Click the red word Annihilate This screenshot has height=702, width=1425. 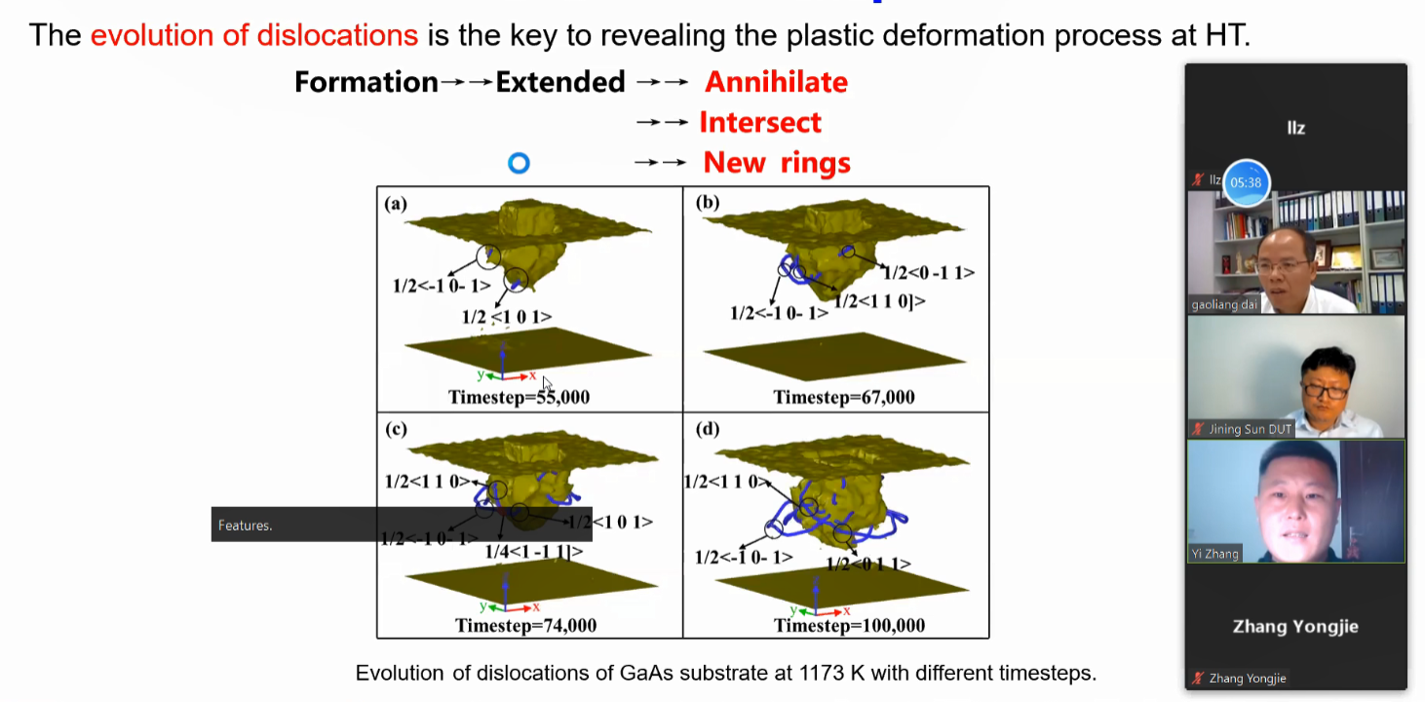click(776, 82)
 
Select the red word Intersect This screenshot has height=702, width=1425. click(760, 123)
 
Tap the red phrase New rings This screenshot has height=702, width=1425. click(777, 163)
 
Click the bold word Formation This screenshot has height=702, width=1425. click(366, 82)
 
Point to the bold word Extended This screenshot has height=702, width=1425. click(560, 82)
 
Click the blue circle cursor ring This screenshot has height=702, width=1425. click(519, 163)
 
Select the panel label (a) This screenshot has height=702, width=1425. click(396, 204)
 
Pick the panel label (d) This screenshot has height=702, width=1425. click(707, 429)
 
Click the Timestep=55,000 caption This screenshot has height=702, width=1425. click(519, 397)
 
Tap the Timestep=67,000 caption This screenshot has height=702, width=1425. click(844, 397)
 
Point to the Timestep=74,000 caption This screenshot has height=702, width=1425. click(525, 625)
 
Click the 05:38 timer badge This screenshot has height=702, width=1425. click(1246, 182)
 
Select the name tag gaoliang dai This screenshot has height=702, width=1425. click(1224, 304)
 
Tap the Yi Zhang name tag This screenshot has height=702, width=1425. click(1214, 554)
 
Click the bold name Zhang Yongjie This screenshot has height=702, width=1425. click(1295, 626)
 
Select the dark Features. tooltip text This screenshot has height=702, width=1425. click(245, 526)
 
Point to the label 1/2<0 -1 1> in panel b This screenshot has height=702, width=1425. click(929, 273)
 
